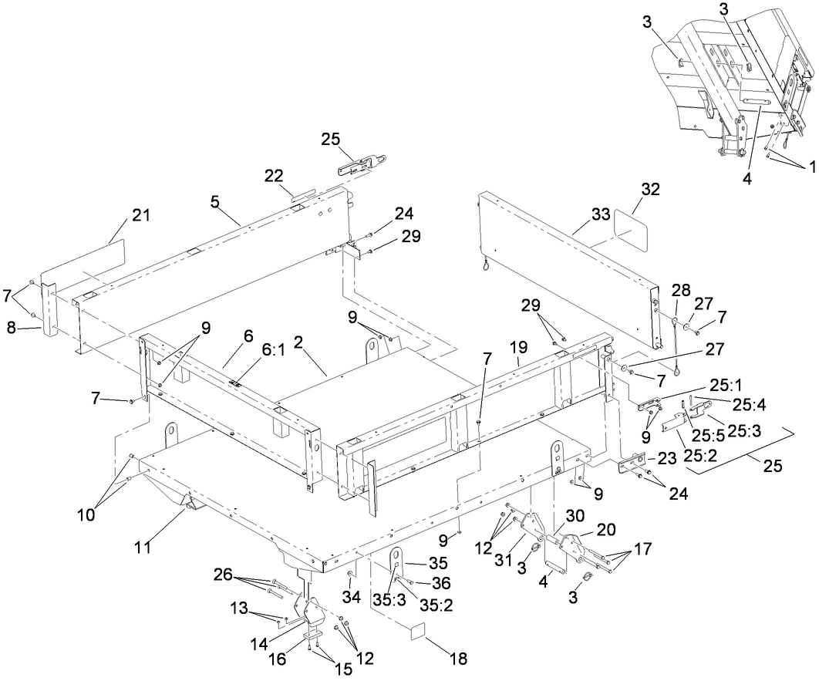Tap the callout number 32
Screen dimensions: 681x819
650,189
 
